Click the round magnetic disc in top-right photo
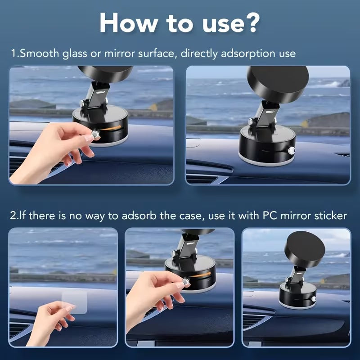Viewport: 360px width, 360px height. (278, 84)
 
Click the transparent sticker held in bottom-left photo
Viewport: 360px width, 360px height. (74, 302)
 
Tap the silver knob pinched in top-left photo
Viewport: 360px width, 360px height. (96, 134)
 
